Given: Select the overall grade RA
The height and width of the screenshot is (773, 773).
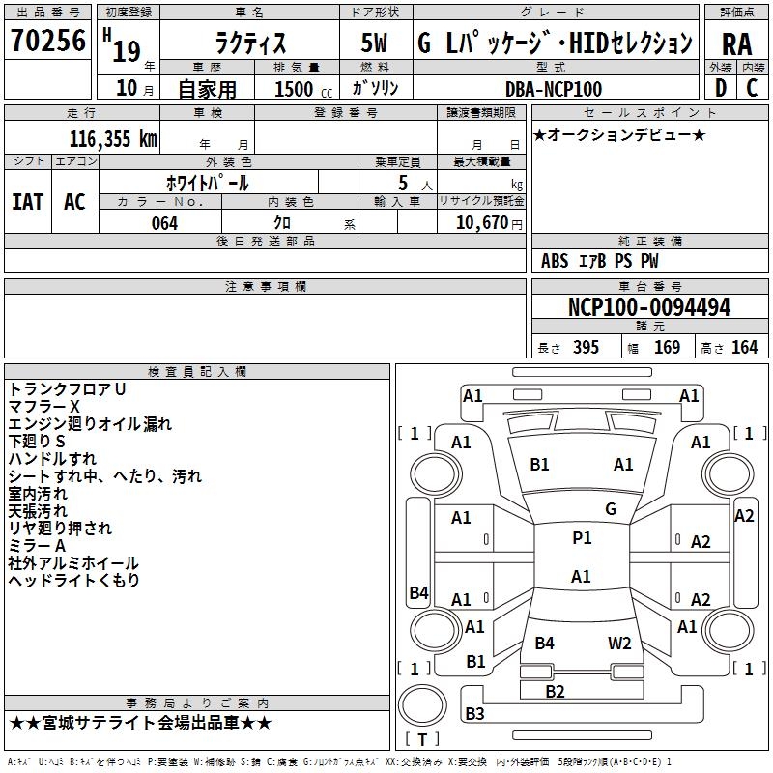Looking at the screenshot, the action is point(736,43).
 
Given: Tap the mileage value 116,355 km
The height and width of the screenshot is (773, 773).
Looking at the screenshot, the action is point(113,138).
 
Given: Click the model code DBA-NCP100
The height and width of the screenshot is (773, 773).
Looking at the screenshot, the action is point(554,89).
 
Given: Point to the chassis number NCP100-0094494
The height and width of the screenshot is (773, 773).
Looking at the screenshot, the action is point(649,307).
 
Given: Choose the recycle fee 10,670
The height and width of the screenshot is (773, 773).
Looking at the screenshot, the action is point(486,223).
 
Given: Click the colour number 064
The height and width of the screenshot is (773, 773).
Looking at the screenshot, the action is point(165,223).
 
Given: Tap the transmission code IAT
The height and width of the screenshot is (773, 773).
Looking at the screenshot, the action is point(27,201).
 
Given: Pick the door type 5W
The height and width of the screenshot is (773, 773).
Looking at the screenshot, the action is point(375,43).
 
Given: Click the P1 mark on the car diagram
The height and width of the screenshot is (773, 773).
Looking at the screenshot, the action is point(582,538).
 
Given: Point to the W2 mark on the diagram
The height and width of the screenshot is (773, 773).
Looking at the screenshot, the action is point(619,643).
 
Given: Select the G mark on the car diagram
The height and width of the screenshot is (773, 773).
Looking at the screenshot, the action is point(610,509).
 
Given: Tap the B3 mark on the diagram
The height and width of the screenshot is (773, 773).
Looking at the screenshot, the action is point(474,714).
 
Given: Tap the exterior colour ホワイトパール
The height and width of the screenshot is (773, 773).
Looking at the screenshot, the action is point(208,182).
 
